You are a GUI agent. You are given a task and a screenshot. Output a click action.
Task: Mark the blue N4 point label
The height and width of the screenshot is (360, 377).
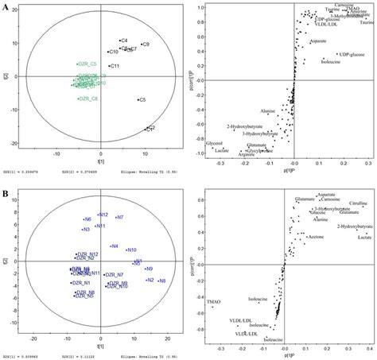click(x=115, y=246)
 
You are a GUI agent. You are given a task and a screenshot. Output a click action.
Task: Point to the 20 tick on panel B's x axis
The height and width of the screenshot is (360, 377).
click(x=169, y=350)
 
